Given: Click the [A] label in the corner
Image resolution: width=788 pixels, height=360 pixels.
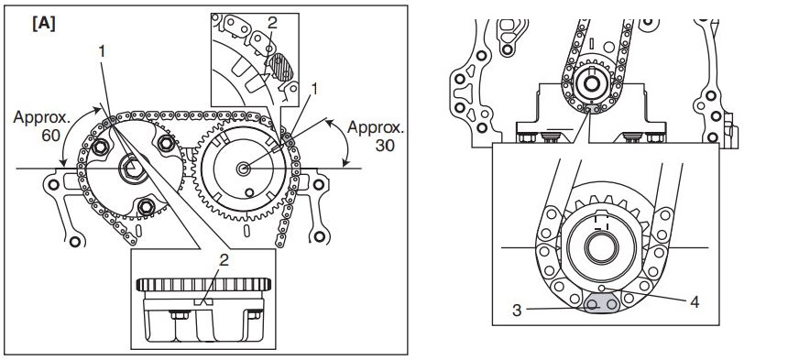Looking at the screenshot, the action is coord(44,24).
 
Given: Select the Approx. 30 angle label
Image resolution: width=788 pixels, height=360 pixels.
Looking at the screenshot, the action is coord(376,136).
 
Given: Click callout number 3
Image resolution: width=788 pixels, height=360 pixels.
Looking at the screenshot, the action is coord(517,311).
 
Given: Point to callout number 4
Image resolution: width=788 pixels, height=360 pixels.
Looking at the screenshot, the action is coord(694,301).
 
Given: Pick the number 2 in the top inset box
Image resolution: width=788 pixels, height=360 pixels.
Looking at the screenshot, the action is coord(272,23).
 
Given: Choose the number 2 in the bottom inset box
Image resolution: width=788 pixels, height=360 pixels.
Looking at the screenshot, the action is coord(224,259).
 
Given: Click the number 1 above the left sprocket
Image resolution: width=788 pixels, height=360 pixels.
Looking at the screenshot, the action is coord(102,50).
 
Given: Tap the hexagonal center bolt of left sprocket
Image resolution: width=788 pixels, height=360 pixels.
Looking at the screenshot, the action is coord(133,169).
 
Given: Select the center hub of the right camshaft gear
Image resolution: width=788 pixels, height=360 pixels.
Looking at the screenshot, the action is coord(244,169).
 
